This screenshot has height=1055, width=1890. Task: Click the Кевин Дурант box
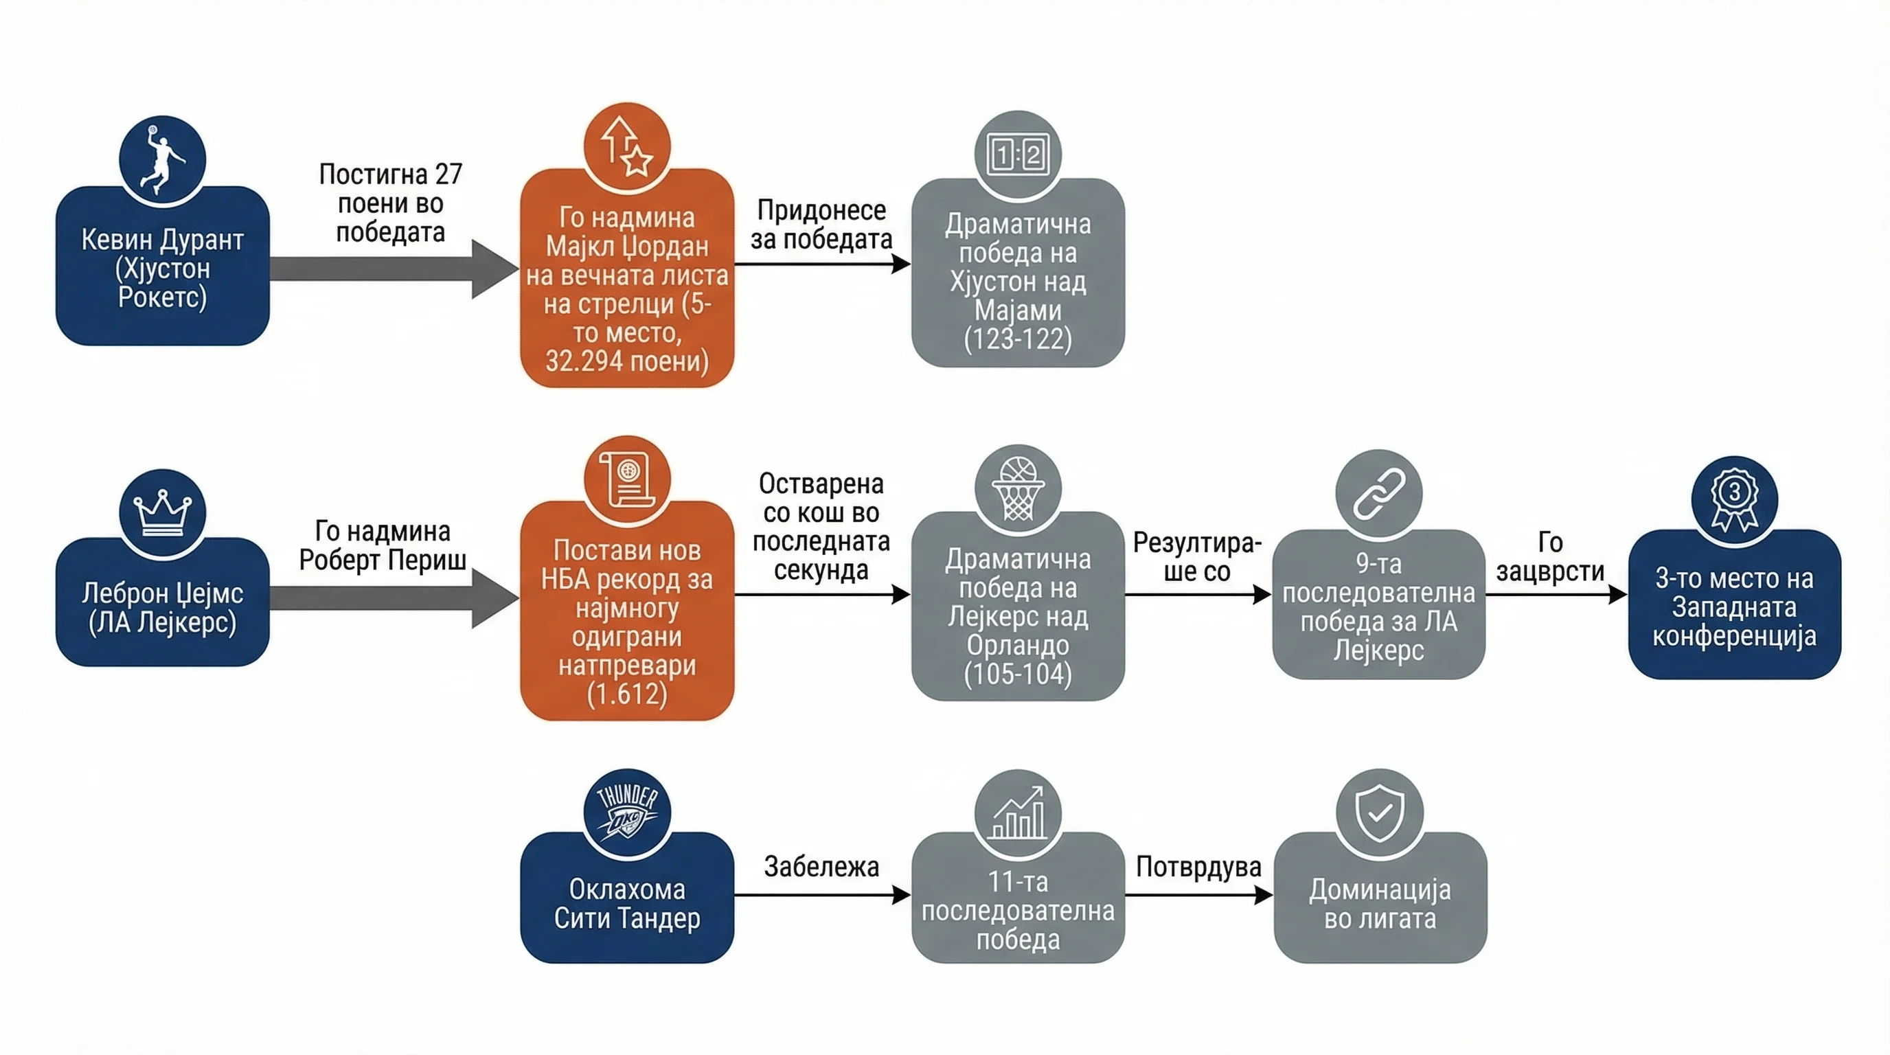(162, 266)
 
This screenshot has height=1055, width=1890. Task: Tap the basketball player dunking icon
(163, 159)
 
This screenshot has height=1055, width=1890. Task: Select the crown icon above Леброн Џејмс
(162, 512)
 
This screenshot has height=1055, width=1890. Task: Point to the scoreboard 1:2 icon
(1018, 155)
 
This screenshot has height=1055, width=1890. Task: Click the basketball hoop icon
(1018, 488)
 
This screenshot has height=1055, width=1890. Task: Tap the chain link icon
(1378, 493)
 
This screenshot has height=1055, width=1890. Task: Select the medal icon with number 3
(1735, 499)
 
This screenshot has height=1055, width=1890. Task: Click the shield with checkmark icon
(1379, 813)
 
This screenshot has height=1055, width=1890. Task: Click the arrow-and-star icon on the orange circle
(626, 146)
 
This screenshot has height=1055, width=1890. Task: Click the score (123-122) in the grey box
(1018, 339)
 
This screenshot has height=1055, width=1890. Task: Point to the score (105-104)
(1018, 674)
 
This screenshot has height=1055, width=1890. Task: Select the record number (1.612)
(626, 693)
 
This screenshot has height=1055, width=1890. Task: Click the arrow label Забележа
(821, 866)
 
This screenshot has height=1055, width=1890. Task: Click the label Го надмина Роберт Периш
(383, 545)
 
